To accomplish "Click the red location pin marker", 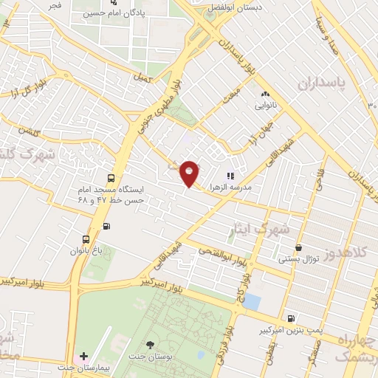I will click(190, 173).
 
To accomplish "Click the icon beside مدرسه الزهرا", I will click(230, 176).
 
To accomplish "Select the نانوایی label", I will click(266, 106).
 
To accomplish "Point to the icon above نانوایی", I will click(266, 94).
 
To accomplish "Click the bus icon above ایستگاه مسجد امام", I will click(111, 178).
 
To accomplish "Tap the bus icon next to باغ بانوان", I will click(86, 239).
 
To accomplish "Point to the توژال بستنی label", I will click(298, 260).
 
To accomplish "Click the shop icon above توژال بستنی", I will click(298, 249).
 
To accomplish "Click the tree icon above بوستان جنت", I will click(150, 344).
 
